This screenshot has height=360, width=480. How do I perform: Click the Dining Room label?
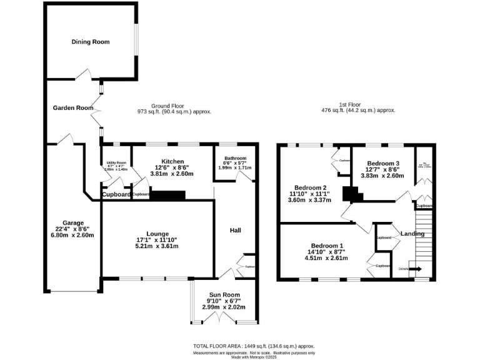coord(91,42)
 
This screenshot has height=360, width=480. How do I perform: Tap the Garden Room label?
coord(72,107)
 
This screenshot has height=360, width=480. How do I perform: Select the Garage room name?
coord(72,222)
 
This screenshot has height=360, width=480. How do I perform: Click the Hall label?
coord(235,231)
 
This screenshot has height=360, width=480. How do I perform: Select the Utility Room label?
coord(116,162)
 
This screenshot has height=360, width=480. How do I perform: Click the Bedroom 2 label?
coord(311,187)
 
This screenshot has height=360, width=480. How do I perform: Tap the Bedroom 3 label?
coord(382,163)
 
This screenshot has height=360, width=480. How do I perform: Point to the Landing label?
coord(412,234)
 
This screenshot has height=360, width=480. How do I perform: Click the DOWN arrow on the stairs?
coord(414,269)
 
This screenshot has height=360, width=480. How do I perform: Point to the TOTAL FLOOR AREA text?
coord(253,346)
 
